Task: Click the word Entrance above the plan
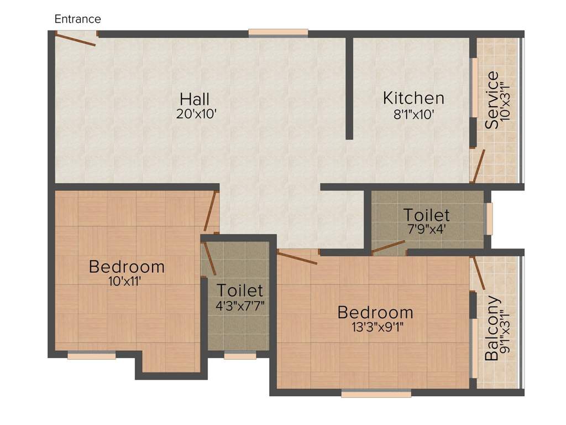point(77,19)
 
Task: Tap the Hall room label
point(195,99)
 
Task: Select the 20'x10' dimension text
point(196,114)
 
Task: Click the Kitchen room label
point(413,98)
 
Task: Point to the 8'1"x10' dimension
point(413,115)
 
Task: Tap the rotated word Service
point(491,100)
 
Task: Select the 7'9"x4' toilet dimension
point(427,229)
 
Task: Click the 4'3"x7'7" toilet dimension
point(240,306)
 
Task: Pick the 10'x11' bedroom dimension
point(124,281)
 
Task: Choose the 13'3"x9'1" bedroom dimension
point(377,327)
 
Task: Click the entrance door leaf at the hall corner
point(75,40)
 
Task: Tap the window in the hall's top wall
point(279,33)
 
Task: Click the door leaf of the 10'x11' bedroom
point(210,211)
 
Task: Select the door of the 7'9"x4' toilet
point(388,246)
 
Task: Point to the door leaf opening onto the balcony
point(479,273)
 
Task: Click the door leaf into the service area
point(479,165)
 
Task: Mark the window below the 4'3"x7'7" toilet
point(240,356)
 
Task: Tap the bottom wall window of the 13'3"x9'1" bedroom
point(376,393)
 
